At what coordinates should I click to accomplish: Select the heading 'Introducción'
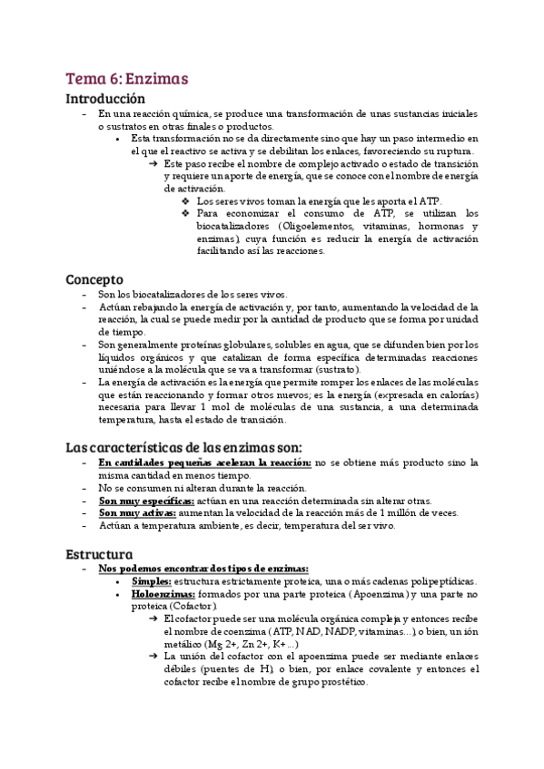[105, 99]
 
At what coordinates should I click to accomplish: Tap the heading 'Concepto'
[94, 279]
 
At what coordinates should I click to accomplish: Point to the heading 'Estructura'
[99, 553]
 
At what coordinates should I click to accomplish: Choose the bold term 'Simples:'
[151, 581]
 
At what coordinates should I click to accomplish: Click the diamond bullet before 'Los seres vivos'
[186, 200]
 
